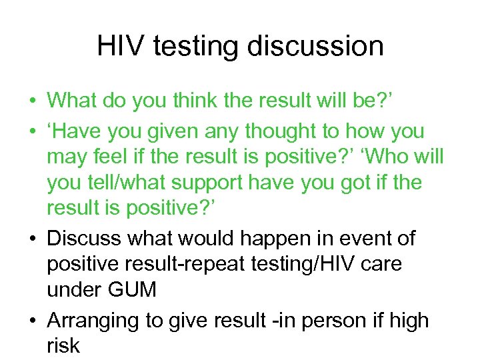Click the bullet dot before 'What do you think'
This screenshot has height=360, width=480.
click(x=31, y=101)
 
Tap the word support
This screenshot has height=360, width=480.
click(x=243, y=183)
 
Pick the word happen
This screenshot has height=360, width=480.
click(x=269, y=237)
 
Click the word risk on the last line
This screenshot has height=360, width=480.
click(x=63, y=345)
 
